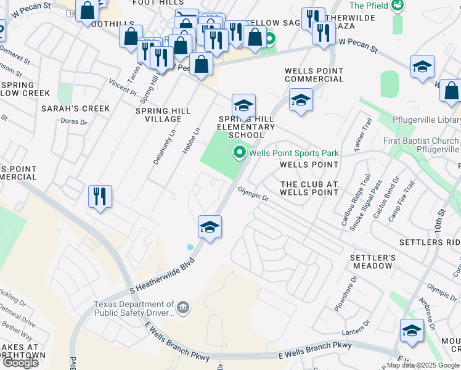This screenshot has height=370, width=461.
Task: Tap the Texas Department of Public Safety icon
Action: (x=183, y=306)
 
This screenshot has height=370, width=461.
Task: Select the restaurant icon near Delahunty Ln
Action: (x=100, y=197)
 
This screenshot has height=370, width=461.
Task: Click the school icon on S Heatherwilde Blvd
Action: (x=210, y=227)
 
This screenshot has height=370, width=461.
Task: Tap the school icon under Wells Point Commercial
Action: (x=301, y=100)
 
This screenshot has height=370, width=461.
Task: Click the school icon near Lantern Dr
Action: (x=412, y=331)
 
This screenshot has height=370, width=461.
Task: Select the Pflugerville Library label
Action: (x=426, y=120)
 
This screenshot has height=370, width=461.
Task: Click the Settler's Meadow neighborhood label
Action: (x=372, y=261)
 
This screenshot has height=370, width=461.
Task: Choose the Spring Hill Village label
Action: (x=163, y=114)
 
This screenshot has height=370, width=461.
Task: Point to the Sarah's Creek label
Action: (x=75, y=109)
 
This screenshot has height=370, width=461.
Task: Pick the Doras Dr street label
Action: (x=74, y=122)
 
